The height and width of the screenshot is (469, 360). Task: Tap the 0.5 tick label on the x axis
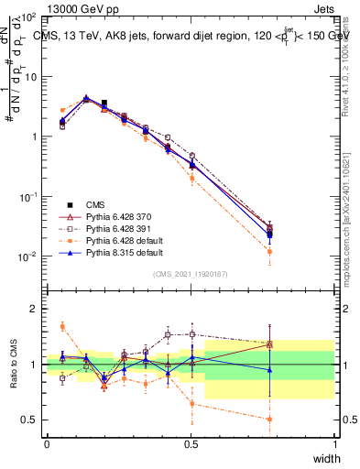[x=191, y=444]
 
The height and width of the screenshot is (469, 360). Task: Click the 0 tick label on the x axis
[x=48, y=444]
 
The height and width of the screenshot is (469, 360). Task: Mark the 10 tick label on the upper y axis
[x=33, y=77]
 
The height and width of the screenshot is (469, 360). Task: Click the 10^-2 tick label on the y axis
[x=29, y=256]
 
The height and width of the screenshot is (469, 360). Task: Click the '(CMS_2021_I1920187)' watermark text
[x=191, y=274]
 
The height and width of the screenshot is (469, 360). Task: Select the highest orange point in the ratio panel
[x=62, y=326]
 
